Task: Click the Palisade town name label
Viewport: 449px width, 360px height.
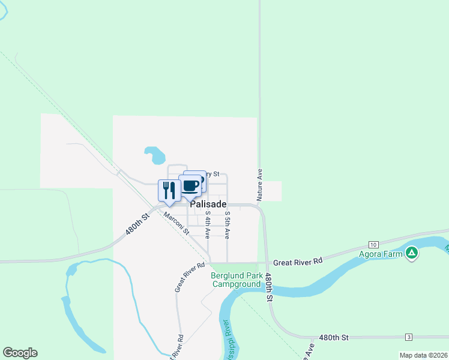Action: [208, 204]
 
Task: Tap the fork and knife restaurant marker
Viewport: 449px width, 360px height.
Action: [169, 190]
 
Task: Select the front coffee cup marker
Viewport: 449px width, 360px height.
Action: [190, 187]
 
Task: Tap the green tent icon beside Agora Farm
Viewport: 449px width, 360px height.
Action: [411, 253]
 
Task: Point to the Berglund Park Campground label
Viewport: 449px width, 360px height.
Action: [237, 280]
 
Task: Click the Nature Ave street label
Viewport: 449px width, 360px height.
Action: [260, 184]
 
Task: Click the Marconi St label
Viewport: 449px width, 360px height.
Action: [176, 223]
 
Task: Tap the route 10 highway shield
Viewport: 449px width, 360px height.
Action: [373, 245]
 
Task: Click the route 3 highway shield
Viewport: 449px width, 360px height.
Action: [409, 337]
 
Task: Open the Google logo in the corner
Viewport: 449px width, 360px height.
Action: [20, 353]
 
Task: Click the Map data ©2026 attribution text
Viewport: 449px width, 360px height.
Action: [423, 355]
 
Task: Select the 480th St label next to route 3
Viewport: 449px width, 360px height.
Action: [334, 338]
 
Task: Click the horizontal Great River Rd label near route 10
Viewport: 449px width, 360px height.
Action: [298, 262]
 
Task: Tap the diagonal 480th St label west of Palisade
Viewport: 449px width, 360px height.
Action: [137, 225]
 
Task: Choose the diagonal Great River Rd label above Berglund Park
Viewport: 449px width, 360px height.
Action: [190, 277]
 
